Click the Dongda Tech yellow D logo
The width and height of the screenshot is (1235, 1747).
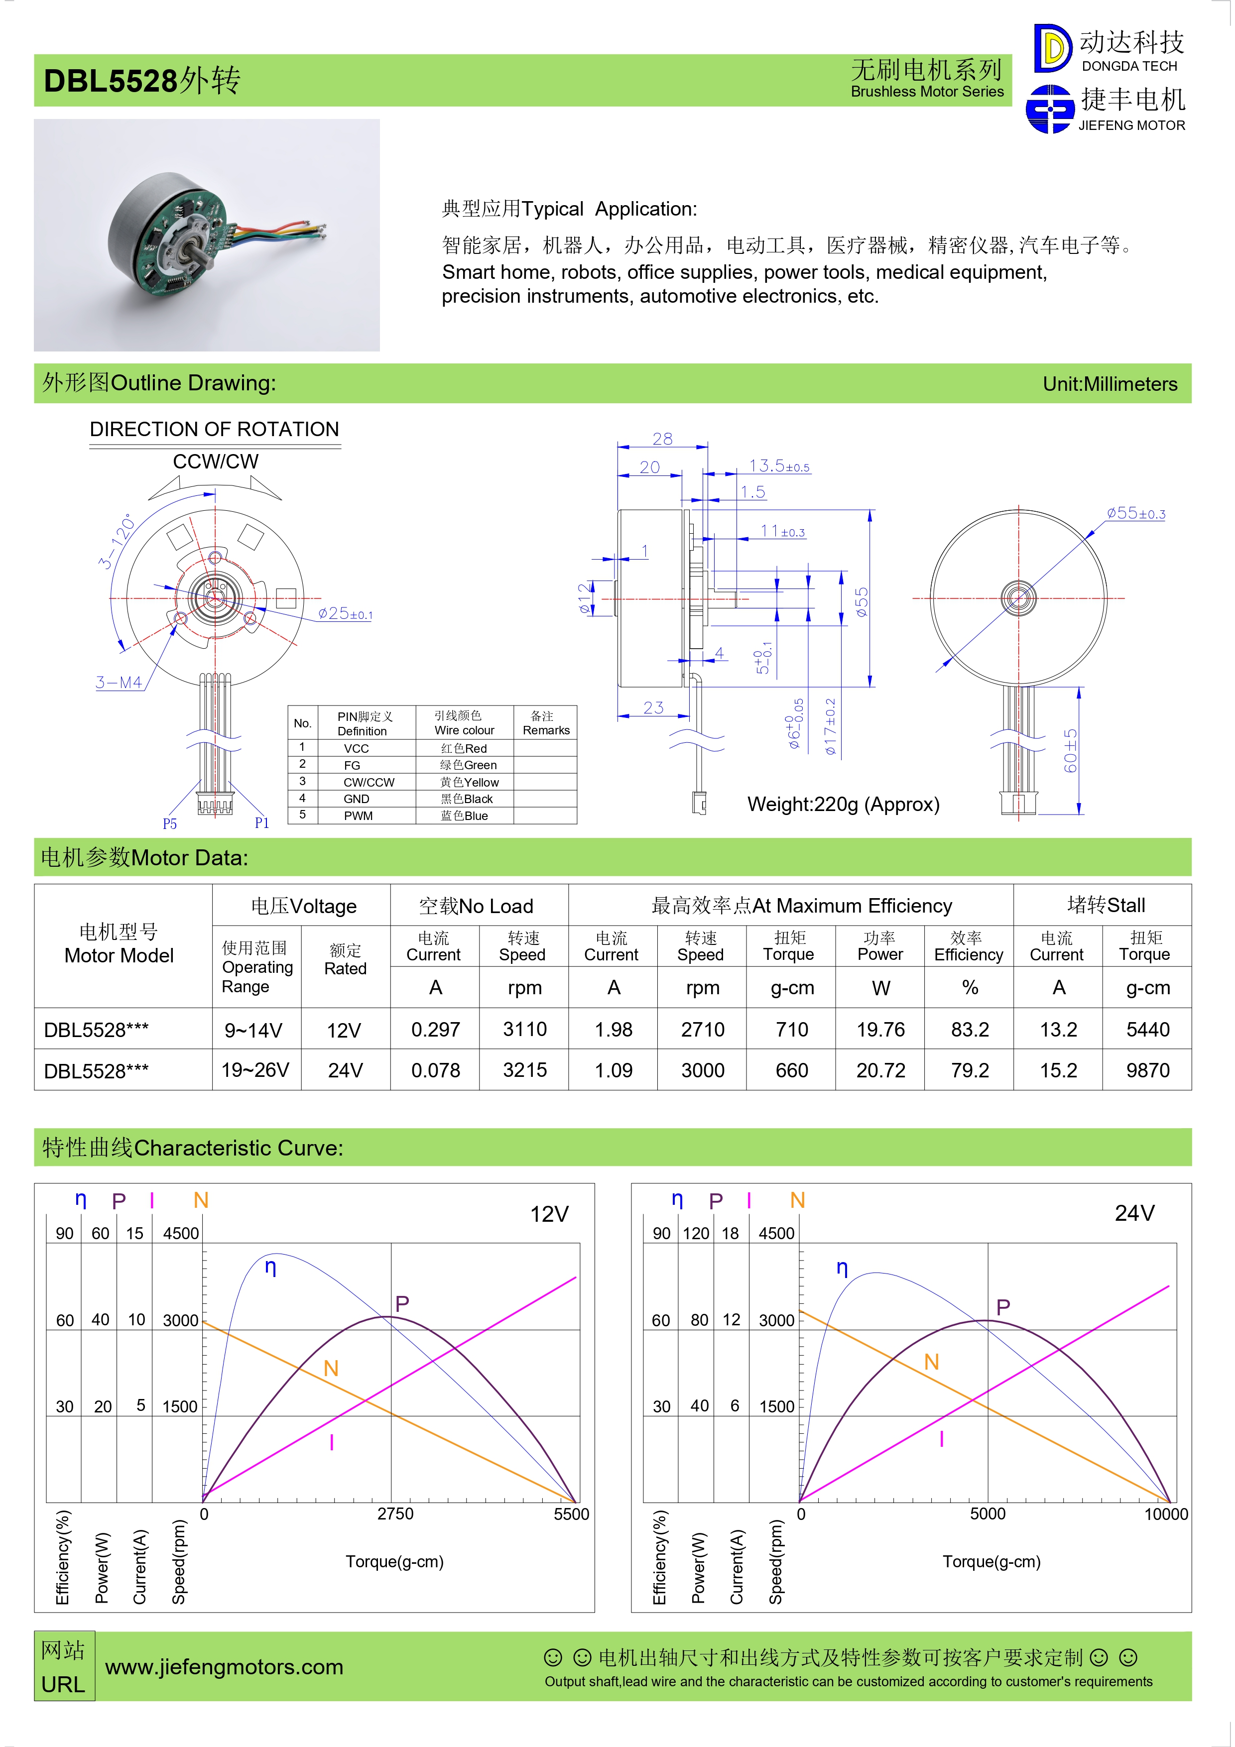(1052, 48)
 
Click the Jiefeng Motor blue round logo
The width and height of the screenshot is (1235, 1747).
(1050, 109)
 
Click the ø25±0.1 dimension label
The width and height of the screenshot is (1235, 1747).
(346, 613)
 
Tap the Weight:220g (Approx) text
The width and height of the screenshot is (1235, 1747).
(843, 804)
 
